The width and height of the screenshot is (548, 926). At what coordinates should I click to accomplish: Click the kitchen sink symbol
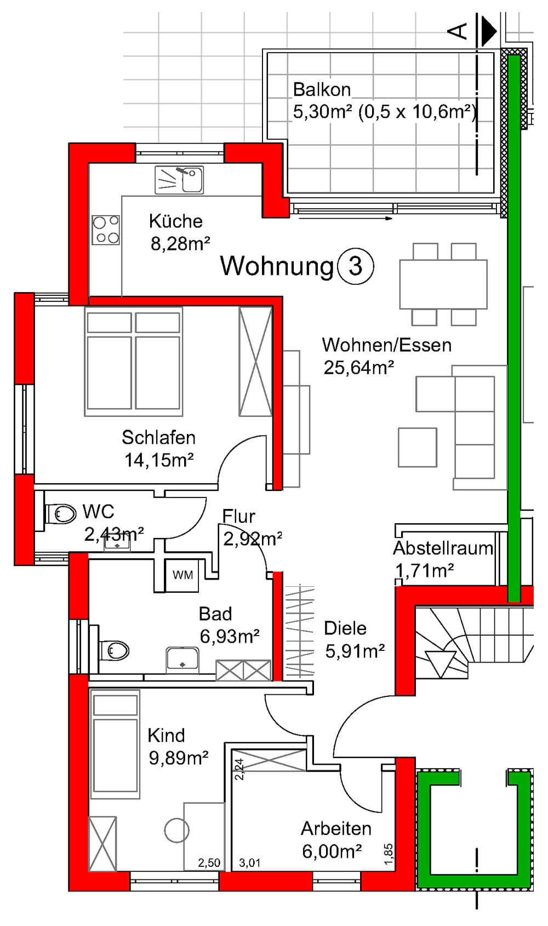pyautogui.click(x=179, y=180)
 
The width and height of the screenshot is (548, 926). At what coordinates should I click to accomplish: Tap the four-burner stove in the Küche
pyautogui.click(x=106, y=230)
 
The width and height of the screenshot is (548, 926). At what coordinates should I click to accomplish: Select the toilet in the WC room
pyautogui.click(x=60, y=514)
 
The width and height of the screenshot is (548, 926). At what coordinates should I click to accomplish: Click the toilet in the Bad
pyautogui.click(x=113, y=651)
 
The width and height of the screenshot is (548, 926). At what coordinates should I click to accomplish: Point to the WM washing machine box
pyautogui.click(x=182, y=575)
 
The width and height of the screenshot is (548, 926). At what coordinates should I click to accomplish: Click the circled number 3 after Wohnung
pyautogui.click(x=356, y=266)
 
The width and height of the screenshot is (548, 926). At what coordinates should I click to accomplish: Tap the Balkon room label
pyautogui.click(x=322, y=90)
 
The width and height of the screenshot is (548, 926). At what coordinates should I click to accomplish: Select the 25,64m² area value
pyautogui.click(x=358, y=367)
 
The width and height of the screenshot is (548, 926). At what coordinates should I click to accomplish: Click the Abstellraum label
pyautogui.click(x=443, y=548)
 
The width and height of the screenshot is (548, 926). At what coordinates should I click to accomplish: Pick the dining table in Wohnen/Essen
pyautogui.click(x=443, y=284)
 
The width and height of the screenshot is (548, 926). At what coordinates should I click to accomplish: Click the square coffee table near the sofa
pyautogui.click(x=418, y=447)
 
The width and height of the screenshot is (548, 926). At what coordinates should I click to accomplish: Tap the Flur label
pyautogui.click(x=238, y=516)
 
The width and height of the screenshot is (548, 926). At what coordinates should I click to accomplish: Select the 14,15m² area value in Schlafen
pyautogui.click(x=159, y=460)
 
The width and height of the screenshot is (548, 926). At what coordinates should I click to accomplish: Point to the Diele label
pyautogui.click(x=345, y=628)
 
